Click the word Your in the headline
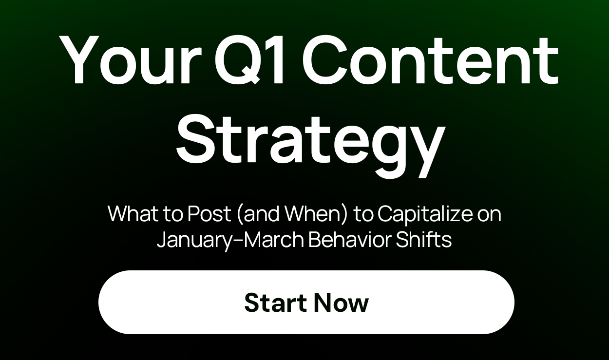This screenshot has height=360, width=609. pyautogui.click(x=130, y=61)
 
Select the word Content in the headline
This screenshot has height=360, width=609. pyautogui.click(x=433, y=61)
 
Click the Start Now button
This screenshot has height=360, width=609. pyautogui.click(x=306, y=302)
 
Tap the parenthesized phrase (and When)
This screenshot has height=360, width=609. pyautogui.click(x=292, y=214)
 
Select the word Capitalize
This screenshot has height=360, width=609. pyautogui.click(x=425, y=214)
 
